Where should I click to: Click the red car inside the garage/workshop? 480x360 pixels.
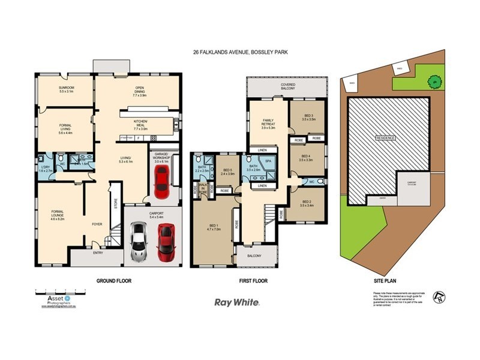pyautogui.click(x=161, y=182)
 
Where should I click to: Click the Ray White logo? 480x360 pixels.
pyautogui.click(x=237, y=303)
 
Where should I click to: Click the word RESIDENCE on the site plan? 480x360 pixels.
pyautogui.click(x=385, y=138)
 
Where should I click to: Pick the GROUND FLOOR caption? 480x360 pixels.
pyautogui.click(x=114, y=280)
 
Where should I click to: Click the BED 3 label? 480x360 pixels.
pyautogui.click(x=308, y=118)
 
